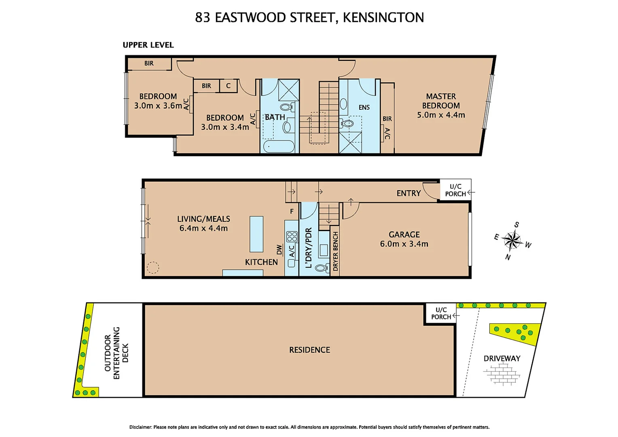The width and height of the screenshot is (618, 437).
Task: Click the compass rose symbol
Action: pos(512,241)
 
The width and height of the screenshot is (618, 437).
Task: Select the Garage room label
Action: pos(404,235)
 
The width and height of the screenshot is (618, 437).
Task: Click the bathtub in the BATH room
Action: pos(279,146)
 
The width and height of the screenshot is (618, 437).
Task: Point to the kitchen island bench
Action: pos(256,234)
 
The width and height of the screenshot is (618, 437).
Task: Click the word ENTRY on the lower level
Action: pos(408,193)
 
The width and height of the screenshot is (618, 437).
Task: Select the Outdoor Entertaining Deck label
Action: pos(117,353)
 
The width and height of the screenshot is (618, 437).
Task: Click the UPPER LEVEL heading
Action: pos(148,45)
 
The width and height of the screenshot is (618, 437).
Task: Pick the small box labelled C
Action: pos(228,86)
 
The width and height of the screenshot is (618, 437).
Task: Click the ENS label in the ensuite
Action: pos(364,107)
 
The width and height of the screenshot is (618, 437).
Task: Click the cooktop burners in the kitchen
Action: pos(292,237)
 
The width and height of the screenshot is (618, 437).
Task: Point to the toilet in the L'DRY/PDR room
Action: pos(322,268)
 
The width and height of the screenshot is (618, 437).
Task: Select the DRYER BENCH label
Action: pos(335,251)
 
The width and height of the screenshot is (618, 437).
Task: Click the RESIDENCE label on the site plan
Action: pos(309,350)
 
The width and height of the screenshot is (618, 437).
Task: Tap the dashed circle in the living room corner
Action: pos(153,267)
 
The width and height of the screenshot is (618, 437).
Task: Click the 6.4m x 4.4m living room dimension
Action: pos(203,228)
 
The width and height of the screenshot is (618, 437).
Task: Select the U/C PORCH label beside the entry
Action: pos(455,190)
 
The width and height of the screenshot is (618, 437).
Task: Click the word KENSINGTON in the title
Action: pos(383,17)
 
